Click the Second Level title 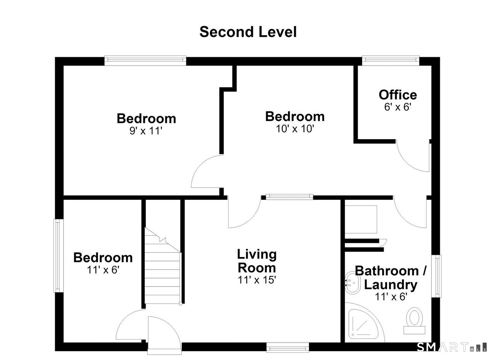[x=248, y=32]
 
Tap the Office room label [x=398, y=95]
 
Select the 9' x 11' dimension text [x=146, y=131]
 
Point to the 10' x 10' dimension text [x=295, y=129]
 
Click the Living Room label [x=257, y=261]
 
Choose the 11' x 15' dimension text [x=257, y=280]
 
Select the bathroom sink [x=353, y=283]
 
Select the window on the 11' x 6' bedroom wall [x=58, y=256]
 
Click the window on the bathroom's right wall [x=437, y=276]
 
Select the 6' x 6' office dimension [x=398, y=107]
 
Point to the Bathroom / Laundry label [x=391, y=278]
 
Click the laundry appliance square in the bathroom [x=361, y=219]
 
